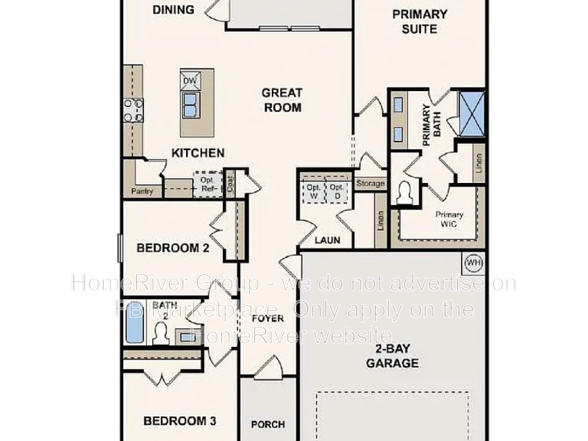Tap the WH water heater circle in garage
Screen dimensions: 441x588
pyautogui.click(x=473, y=262)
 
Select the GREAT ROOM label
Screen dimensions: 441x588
pyautogui.click(x=282, y=100)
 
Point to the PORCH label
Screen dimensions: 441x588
pyautogui.click(x=268, y=424)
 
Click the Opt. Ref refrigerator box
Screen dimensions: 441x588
pyautogui.click(x=207, y=184)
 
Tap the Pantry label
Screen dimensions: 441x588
pyautogui.click(x=142, y=191)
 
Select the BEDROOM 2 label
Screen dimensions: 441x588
pyautogui.click(x=173, y=248)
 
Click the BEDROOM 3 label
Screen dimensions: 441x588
pyautogui.click(x=179, y=421)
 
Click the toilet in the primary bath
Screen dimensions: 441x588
pyautogui.click(x=404, y=194)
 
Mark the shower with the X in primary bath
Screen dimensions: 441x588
pyautogui.click(x=471, y=112)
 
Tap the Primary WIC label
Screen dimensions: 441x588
pyautogui.click(x=448, y=219)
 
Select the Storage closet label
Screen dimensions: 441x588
pyautogui.click(x=370, y=183)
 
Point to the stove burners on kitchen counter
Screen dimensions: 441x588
pyautogui.click(x=133, y=110)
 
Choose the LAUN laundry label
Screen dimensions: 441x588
pyautogui.click(x=326, y=240)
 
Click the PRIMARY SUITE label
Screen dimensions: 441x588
pyautogui.click(x=419, y=21)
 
